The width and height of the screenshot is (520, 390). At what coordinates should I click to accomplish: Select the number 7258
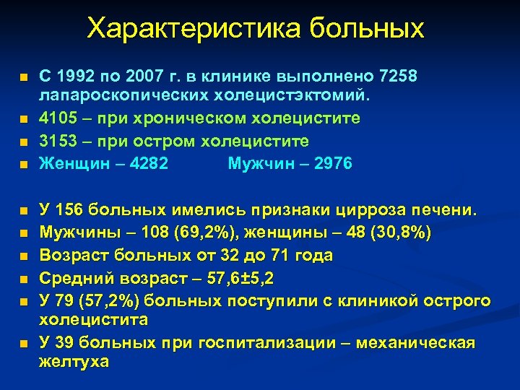(x=397, y=76)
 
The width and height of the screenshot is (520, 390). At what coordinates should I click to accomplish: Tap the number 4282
(x=147, y=164)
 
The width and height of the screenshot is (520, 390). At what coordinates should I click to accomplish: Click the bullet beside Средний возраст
(x=23, y=279)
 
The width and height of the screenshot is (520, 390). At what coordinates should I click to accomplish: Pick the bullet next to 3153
(x=23, y=142)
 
